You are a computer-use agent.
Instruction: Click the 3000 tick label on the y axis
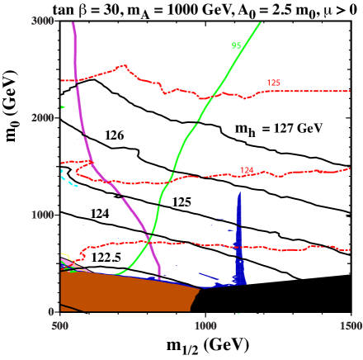42,21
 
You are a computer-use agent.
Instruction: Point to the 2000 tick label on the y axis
42,118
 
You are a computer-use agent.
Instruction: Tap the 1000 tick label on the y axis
42,215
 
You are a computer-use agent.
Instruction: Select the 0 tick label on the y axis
50,312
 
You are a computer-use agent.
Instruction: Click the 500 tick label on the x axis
60,326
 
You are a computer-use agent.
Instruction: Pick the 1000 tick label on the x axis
205,326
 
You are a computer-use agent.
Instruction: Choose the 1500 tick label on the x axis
351,326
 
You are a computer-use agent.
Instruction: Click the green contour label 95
236,45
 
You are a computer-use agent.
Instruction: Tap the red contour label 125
273,83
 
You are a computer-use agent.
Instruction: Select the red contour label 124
247,170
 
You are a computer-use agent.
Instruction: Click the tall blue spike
239,239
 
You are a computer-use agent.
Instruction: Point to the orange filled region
124,293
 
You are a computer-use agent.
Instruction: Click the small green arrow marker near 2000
63,107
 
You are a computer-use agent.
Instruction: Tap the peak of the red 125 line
124,65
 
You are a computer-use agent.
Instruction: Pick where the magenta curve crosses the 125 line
77,80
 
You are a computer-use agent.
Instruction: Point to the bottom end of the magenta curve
159,277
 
